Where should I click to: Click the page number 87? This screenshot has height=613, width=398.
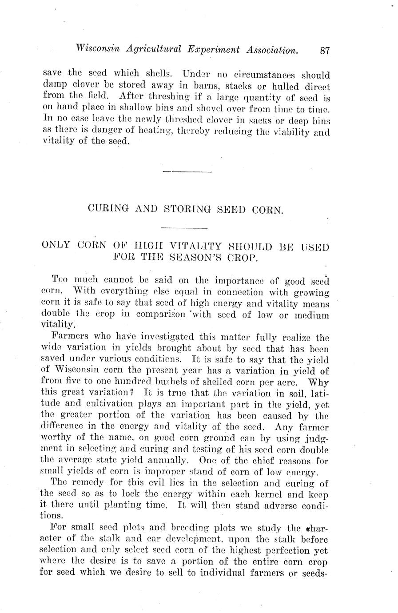click(x=325, y=51)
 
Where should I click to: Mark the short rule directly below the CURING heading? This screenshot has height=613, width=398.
click(x=184, y=228)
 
